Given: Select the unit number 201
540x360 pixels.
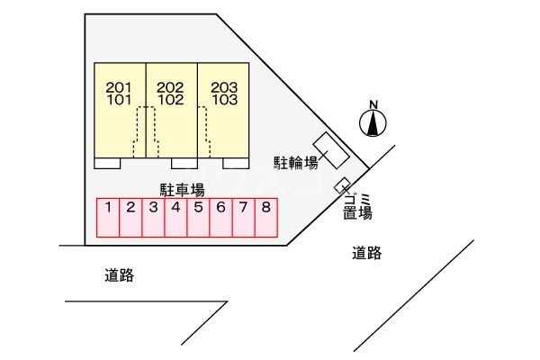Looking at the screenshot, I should click(x=119, y=87).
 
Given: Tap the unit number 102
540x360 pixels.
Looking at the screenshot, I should click(x=170, y=100).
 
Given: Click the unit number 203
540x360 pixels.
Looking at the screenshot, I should click(x=224, y=87).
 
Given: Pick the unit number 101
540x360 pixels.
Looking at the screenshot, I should click(x=119, y=100).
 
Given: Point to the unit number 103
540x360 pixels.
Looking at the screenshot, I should click(x=224, y=100).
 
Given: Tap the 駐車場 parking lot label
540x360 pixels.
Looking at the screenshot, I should click(x=183, y=189).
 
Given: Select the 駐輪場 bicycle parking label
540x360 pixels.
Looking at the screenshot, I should click(x=296, y=162).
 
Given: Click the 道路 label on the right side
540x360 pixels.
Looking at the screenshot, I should click(x=367, y=254).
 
